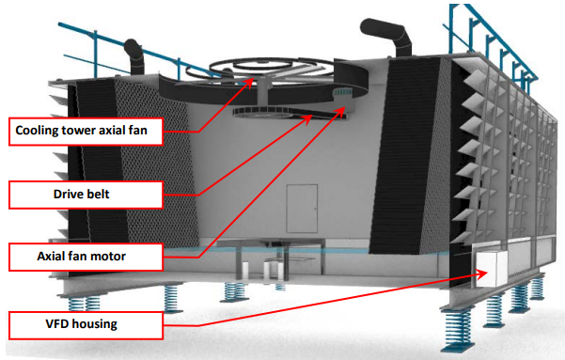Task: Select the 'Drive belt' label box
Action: (85, 195)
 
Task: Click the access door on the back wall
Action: (301, 206)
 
